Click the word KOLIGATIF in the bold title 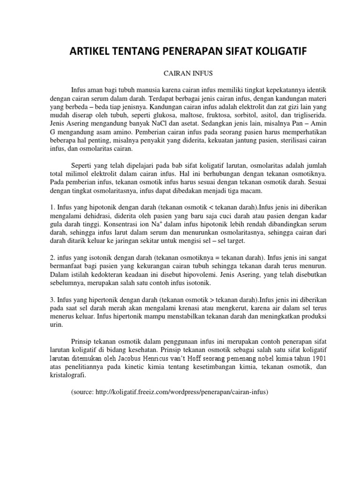click(271, 53)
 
